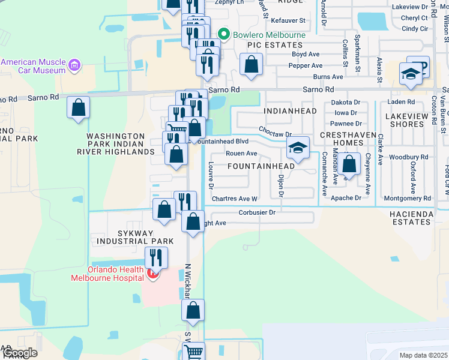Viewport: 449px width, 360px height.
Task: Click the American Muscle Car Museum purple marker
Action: coord(74,65)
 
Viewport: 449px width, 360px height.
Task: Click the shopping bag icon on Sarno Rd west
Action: coord(78,108)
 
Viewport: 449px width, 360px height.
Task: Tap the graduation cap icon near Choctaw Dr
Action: coord(297,148)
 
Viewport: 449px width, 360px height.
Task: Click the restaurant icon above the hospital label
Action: coord(155,257)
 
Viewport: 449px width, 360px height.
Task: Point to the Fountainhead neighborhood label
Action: coord(261,166)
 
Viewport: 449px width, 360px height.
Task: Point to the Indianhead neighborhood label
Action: coord(285,112)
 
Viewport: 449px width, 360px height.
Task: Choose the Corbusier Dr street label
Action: coord(256,212)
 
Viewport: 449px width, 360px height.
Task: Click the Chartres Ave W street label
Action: coord(234,199)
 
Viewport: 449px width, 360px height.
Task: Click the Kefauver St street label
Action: coord(286,20)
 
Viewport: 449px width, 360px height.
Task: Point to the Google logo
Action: coord(19,353)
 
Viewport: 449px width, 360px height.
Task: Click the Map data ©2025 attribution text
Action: coord(423,355)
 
